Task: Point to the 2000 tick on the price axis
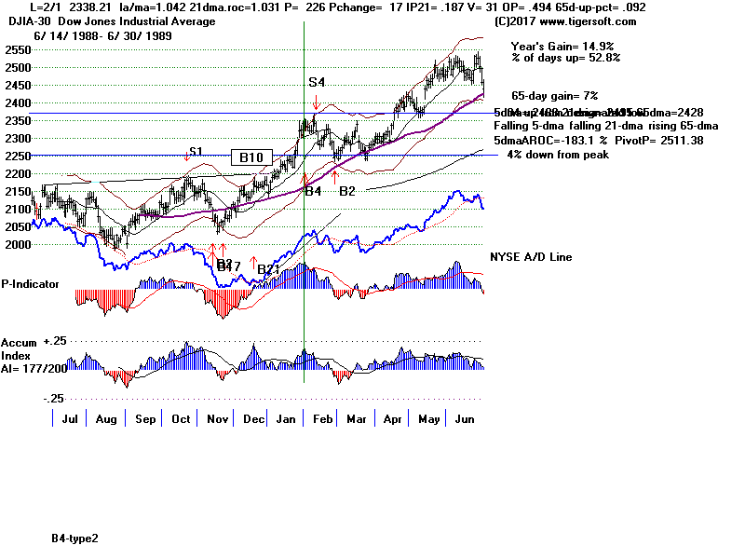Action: click(x=15, y=244)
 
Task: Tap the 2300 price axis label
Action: click(x=15, y=138)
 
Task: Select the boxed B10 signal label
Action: click(x=251, y=157)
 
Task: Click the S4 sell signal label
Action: click(x=317, y=82)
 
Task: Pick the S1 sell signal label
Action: click(x=196, y=152)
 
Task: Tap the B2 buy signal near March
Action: click(x=346, y=191)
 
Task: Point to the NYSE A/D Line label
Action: click(x=531, y=257)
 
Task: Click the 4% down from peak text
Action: click(x=558, y=155)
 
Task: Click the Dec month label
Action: click(x=253, y=419)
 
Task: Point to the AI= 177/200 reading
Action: click(x=34, y=367)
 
